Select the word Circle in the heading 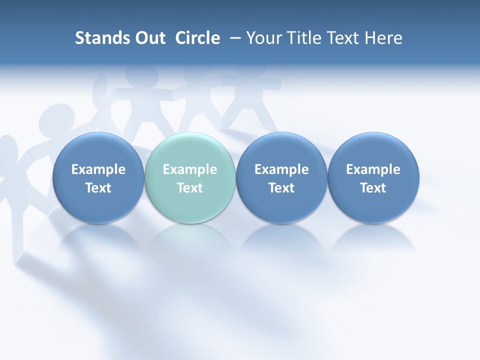point(197,38)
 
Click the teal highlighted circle point(190,178)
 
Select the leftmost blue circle point(98,178)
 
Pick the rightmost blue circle point(373,178)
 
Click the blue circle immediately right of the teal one point(281,178)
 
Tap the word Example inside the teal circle point(190,169)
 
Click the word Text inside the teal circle point(190,188)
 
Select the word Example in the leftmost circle point(98,169)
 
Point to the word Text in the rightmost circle point(373,188)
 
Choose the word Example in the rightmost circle point(373,169)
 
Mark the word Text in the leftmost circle point(98,188)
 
